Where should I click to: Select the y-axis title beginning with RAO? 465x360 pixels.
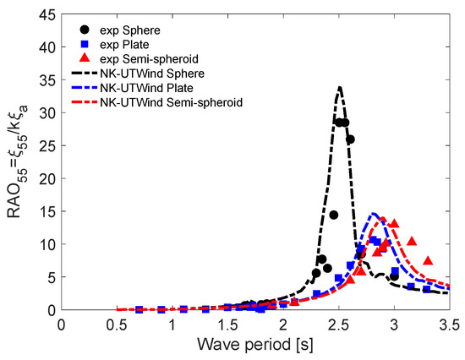pos(16,161)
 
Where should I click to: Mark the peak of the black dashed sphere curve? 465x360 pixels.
pos(339,87)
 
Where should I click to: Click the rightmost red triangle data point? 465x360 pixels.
pos(429,261)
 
